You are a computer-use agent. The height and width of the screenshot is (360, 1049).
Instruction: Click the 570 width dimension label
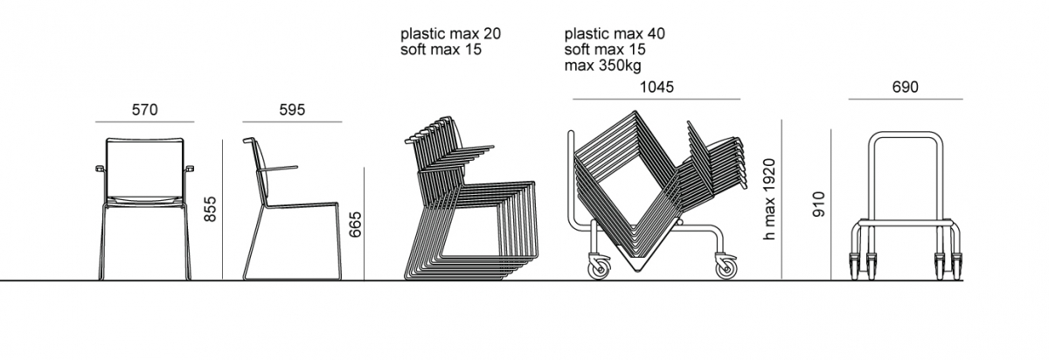(x=145, y=109)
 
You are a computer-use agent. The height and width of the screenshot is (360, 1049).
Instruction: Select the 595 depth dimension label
(x=292, y=109)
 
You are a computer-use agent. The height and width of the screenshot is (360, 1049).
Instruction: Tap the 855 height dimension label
(x=211, y=209)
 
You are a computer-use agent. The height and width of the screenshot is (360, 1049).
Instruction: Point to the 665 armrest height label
(x=356, y=225)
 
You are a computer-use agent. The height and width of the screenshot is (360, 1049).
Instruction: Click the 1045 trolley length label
(x=656, y=87)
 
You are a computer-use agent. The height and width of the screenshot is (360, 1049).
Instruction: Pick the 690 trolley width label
(x=906, y=87)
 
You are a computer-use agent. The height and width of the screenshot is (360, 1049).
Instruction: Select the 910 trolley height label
(x=818, y=204)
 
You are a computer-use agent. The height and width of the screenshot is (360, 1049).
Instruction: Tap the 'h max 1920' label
(x=769, y=200)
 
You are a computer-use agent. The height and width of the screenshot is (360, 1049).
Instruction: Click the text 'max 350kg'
(x=602, y=66)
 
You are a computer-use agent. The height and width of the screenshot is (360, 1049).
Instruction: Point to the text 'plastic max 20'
(x=450, y=34)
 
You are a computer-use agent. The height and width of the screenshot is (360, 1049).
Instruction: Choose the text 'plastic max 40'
(x=615, y=34)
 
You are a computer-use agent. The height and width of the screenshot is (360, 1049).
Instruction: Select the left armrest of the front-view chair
(x=100, y=169)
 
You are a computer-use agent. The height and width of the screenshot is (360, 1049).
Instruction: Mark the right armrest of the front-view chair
(x=189, y=169)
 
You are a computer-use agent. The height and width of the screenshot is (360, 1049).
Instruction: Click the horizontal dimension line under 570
(x=145, y=122)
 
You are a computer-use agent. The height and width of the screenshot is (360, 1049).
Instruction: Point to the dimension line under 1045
(x=656, y=100)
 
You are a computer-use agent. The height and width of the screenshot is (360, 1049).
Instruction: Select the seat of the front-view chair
(x=145, y=200)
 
